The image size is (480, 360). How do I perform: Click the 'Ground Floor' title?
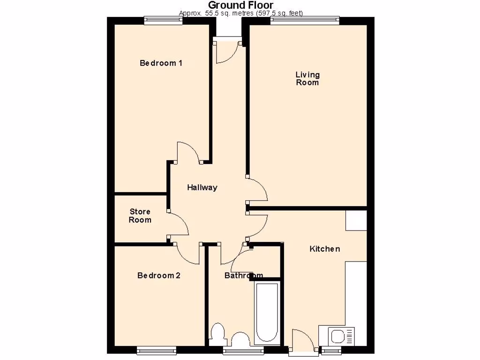click(x=240, y=5)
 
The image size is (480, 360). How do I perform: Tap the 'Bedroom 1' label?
click(x=161, y=63)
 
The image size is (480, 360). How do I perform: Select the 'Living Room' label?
click(x=307, y=78)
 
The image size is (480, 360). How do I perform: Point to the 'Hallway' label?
click(x=202, y=187)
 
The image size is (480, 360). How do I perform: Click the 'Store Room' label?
click(x=140, y=216)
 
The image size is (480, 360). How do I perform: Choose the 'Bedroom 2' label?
click(x=158, y=276)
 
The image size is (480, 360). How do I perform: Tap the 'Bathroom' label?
click(x=243, y=276)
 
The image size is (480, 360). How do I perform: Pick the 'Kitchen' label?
click(x=324, y=249)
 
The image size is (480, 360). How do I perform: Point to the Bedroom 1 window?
click(x=163, y=20)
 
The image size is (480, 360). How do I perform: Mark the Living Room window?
click(x=305, y=20)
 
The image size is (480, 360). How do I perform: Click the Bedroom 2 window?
click(x=157, y=349)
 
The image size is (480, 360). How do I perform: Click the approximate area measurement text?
click(x=240, y=13)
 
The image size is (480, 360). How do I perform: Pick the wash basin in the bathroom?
click(x=241, y=340)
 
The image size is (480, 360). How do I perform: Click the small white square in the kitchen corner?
click(x=356, y=220)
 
